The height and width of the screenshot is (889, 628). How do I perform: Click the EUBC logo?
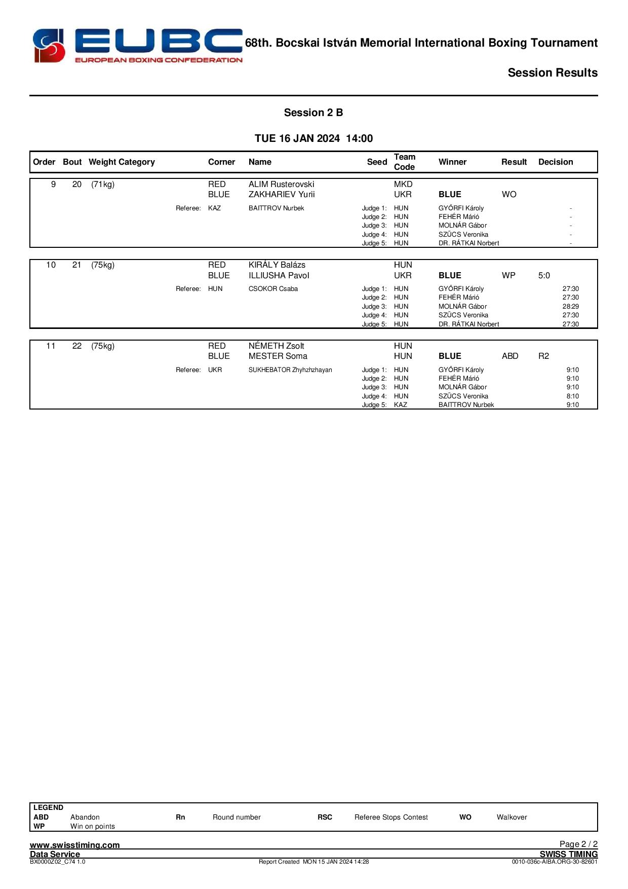tap(137, 46)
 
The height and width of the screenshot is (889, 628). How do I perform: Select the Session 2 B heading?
tap(313, 113)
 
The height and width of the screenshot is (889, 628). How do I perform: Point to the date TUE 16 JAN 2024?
tap(297, 138)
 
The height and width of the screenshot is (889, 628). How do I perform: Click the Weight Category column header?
tap(122, 162)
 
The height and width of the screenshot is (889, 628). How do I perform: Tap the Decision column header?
tap(556, 162)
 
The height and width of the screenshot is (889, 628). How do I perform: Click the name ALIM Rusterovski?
tap(281, 184)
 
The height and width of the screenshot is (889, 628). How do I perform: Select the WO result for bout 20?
tap(509, 195)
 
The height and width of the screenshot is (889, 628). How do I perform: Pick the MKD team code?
tap(403, 184)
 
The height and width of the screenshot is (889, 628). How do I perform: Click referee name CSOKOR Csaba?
tap(273, 289)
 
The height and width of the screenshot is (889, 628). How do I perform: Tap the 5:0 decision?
tap(544, 276)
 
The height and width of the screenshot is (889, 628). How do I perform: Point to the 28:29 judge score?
tap(570, 307)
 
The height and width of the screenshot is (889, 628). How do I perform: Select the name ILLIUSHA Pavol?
tap(279, 276)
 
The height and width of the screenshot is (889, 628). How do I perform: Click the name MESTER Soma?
tap(278, 356)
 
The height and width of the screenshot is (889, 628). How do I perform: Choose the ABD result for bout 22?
tap(510, 356)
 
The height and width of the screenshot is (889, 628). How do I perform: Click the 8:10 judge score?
tap(572, 396)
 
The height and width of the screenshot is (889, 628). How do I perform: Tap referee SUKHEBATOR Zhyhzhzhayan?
tap(290, 370)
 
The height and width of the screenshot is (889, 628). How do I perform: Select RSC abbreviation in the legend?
tap(325, 817)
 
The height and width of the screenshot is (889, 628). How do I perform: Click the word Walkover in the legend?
tap(512, 817)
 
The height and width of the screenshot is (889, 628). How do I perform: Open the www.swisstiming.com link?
tap(75, 845)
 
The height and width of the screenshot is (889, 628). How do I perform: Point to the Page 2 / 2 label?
tap(578, 844)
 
